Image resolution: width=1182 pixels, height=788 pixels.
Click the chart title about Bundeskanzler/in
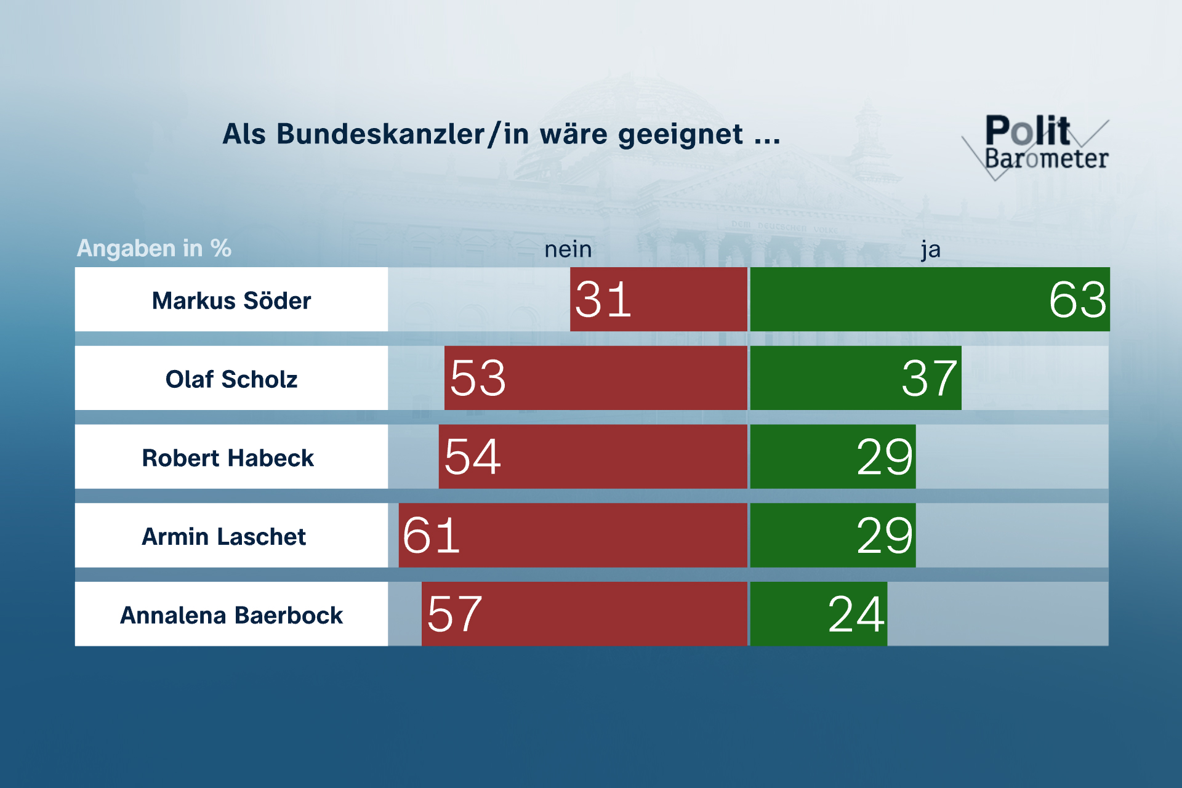[501, 134]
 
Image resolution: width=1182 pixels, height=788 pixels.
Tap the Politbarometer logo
[1040, 145]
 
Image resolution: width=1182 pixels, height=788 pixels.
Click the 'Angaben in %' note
[154, 248]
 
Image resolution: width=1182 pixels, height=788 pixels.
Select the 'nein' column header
[568, 249]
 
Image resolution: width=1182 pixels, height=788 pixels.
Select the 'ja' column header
[930, 249]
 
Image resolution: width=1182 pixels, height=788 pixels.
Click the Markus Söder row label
[231, 300]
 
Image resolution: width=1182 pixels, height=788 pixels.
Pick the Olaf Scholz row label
[231, 379]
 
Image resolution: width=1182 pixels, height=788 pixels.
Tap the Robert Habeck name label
[228, 457]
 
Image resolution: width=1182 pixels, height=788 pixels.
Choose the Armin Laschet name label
[224, 536]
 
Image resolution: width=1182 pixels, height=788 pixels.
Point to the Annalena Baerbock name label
[231, 615]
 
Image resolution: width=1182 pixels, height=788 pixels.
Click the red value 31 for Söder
[603, 300]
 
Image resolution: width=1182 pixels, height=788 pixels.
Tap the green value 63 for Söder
[1077, 300]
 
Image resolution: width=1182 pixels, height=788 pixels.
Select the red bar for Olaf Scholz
[596, 378]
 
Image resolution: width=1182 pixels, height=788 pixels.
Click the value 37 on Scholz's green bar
[929, 378]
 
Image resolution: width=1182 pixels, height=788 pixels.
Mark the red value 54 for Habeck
[472, 457]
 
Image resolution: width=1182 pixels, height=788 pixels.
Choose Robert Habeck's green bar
[832, 457]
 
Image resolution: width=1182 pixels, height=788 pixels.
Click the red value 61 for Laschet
[431, 536]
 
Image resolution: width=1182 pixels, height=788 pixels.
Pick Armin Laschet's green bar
[832, 536]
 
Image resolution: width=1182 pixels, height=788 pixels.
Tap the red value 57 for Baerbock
[454, 614]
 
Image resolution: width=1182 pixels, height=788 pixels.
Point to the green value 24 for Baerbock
[856, 614]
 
